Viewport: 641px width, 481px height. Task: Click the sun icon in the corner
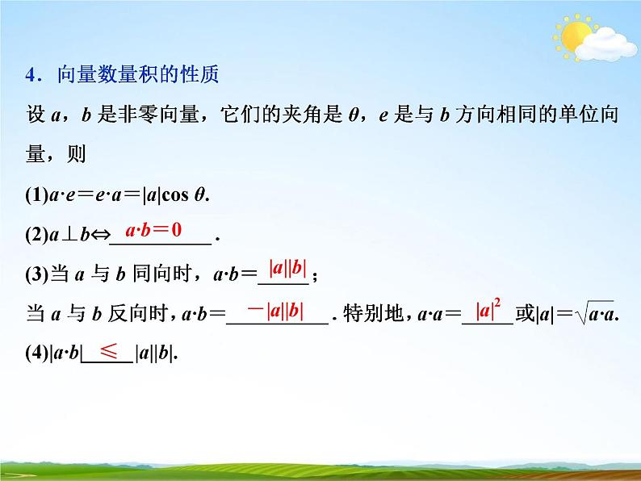click(x=575, y=37)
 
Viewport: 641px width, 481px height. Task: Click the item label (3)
click(x=37, y=274)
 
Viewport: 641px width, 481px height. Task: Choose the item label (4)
click(x=37, y=353)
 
